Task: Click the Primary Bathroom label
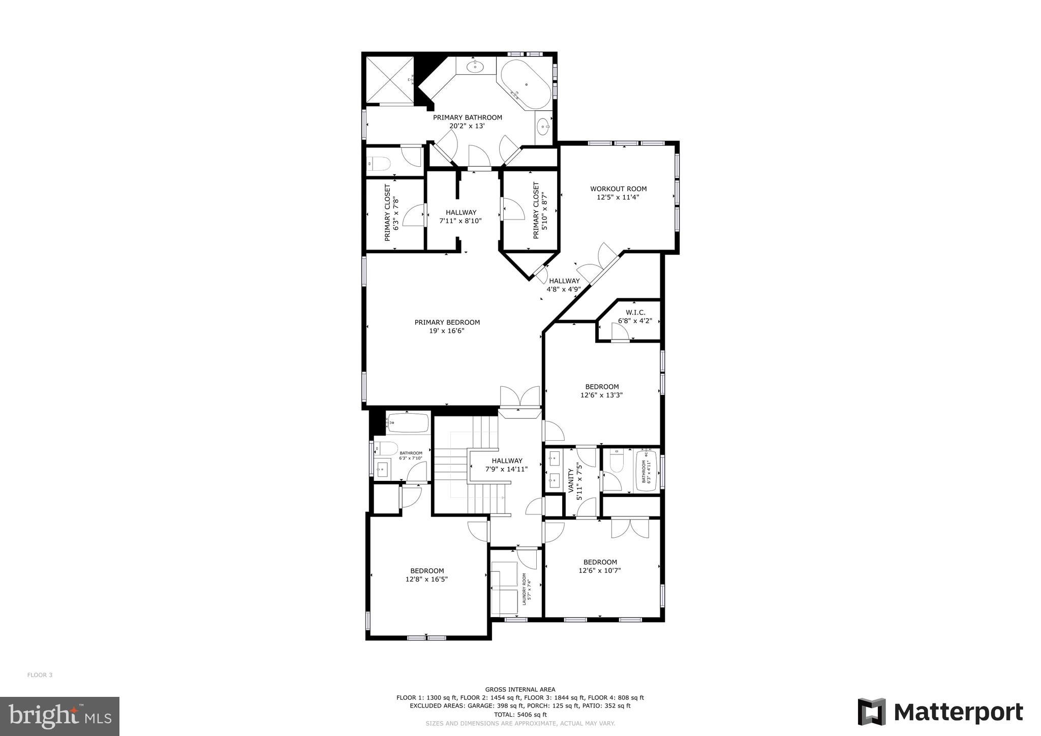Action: (x=467, y=117)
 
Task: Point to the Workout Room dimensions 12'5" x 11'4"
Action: (x=618, y=197)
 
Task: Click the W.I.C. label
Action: (x=635, y=313)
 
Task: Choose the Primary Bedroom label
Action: (x=447, y=322)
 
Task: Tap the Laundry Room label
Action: (x=525, y=590)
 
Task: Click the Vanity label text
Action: (x=571, y=481)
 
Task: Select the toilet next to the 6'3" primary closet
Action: (x=380, y=164)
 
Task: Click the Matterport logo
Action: (x=940, y=712)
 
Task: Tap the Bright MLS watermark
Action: (x=59, y=717)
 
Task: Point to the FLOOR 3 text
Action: (x=40, y=675)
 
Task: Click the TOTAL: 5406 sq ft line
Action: (x=520, y=715)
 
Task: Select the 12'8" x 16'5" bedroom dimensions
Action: (x=426, y=579)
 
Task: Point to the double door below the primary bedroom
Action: (x=519, y=397)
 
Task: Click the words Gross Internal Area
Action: (x=520, y=690)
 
